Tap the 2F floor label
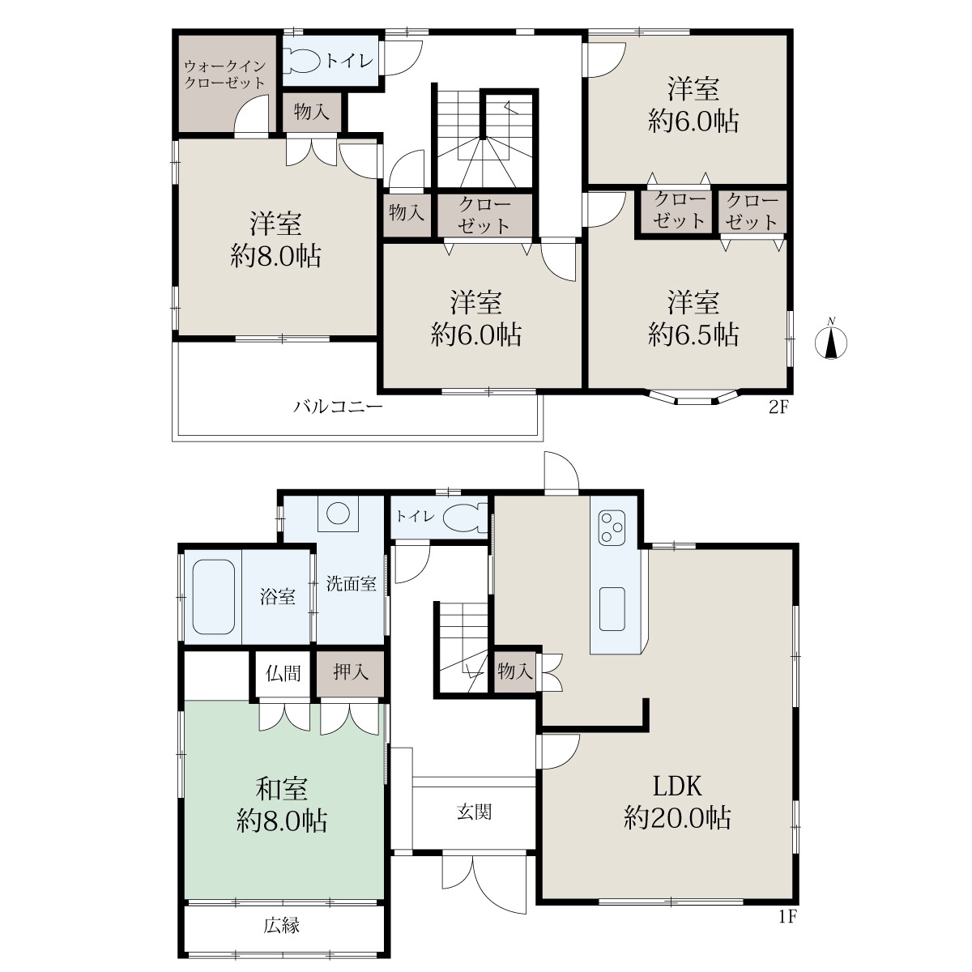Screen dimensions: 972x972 (x=778, y=407)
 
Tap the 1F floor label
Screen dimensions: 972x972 (x=787, y=915)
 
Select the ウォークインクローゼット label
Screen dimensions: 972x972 (x=224, y=74)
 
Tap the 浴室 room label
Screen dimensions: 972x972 (x=278, y=597)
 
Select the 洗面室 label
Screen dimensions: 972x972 (x=351, y=583)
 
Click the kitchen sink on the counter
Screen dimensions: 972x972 (x=612, y=609)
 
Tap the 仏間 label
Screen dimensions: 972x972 (x=283, y=673)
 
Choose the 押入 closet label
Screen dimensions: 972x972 (x=351, y=672)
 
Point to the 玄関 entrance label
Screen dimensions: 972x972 (x=474, y=812)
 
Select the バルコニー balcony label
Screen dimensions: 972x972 (x=338, y=406)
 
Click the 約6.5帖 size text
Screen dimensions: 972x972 (x=693, y=335)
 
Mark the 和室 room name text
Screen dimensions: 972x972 (x=281, y=790)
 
